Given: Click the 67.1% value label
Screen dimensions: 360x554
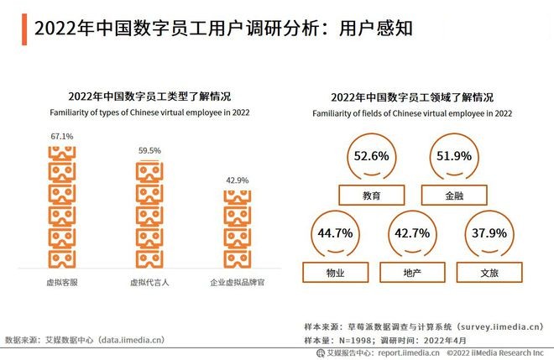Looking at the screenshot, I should pyautogui.click(x=62, y=135).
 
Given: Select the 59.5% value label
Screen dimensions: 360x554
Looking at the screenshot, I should pyautogui.click(x=149, y=150).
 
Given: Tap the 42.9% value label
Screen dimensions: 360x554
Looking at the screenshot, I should pyautogui.click(x=237, y=180).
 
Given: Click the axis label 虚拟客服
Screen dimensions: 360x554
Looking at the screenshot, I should pyautogui.click(x=61, y=283).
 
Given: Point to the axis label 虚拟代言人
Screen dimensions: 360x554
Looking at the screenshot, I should pyautogui.click(x=149, y=283).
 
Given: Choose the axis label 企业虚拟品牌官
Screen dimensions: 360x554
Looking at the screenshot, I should pyautogui.click(x=237, y=283).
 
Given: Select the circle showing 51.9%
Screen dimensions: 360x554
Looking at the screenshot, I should pyautogui.click(x=454, y=156).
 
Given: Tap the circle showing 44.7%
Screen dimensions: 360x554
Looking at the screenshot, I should pyautogui.click(x=335, y=232).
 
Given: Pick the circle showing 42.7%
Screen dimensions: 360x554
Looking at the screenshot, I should pyautogui.click(x=412, y=232).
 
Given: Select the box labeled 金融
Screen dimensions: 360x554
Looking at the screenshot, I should pyautogui.click(x=454, y=196).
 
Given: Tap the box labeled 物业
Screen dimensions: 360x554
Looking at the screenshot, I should pyautogui.click(x=335, y=272).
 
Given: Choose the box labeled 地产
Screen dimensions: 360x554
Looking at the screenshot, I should pyautogui.click(x=412, y=272).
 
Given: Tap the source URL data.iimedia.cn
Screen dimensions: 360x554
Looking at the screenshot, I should pyautogui.click(x=127, y=341).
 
